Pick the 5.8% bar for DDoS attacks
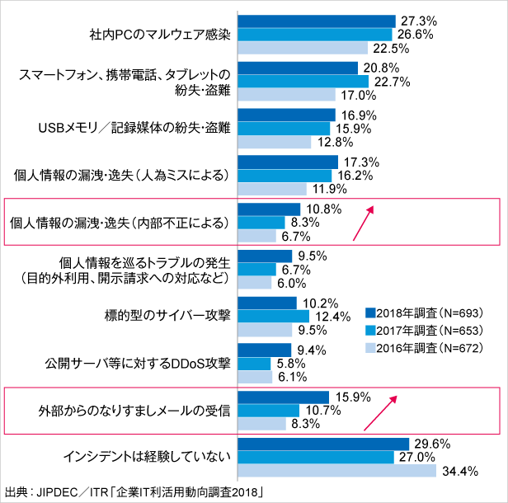pos(254,364)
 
